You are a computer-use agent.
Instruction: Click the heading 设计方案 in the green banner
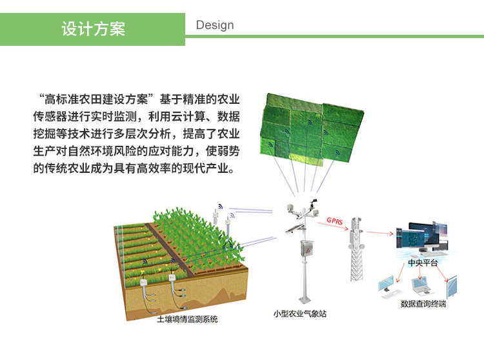(x=93, y=29)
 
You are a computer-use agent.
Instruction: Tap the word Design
(x=215, y=25)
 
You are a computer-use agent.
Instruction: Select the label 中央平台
(x=423, y=263)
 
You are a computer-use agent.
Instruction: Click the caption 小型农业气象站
(x=299, y=314)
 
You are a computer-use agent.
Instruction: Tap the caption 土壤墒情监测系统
(x=187, y=319)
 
